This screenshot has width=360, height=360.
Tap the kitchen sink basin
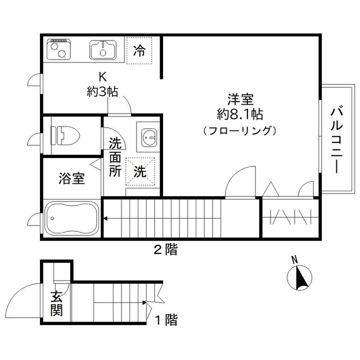(102, 51)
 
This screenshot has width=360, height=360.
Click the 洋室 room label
(240, 100)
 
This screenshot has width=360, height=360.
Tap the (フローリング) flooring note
(240, 130)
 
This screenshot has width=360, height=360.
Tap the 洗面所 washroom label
(115, 158)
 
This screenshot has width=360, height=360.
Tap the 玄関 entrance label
(56, 303)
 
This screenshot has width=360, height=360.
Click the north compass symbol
(299, 276)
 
